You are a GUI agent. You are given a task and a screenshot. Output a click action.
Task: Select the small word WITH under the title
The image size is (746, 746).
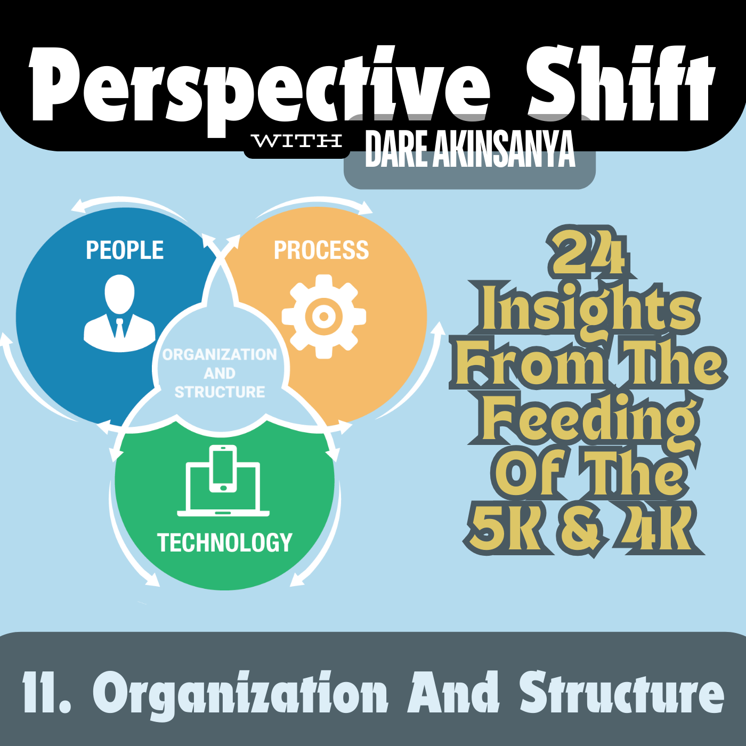tap(297, 141)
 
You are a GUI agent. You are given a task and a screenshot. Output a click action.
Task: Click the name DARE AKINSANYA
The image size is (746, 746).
tap(470, 149)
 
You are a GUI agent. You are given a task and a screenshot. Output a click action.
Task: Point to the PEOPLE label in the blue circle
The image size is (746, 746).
tap(125, 250)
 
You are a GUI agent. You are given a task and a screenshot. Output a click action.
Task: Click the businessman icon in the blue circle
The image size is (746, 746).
tap(119, 313)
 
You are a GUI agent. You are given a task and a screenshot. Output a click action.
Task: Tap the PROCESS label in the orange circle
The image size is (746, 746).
tap(321, 250)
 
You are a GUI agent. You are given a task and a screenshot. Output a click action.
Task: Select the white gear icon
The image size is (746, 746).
tap(323, 317)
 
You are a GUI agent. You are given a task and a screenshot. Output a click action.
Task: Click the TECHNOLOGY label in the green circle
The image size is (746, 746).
tap(224, 542)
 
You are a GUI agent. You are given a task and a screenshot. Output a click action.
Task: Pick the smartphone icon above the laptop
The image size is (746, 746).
tap(223, 469)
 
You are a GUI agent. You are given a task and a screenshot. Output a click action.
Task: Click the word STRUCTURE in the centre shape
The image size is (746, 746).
tap(220, 392)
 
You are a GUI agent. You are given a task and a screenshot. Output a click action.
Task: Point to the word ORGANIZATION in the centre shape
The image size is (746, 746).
tap(220, 354)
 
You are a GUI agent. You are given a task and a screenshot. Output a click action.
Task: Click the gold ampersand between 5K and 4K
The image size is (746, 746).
tap(581, 529)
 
